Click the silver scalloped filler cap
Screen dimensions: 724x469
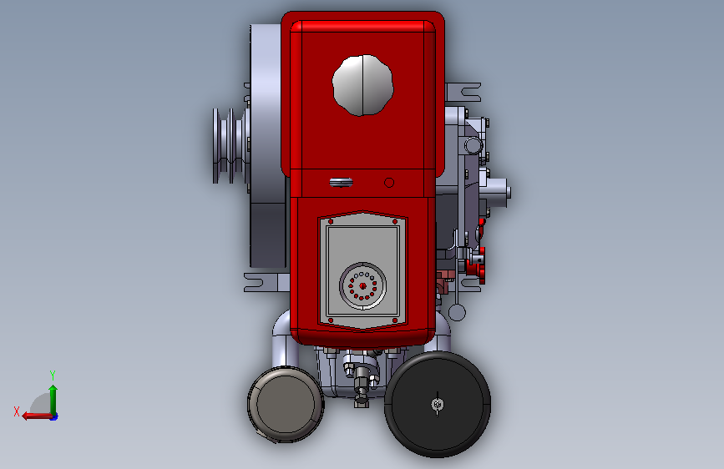click(362, 85)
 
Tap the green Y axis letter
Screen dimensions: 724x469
click(53, 375)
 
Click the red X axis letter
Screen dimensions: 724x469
click(17, 411)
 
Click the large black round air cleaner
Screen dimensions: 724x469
click(438, 405)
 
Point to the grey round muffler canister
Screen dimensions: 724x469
click(286, 405)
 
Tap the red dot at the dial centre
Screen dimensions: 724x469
click(362, 286)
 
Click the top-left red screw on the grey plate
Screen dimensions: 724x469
click(331, 222)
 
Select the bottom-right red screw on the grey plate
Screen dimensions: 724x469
click(395, 320)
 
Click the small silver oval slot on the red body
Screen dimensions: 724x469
click(342, 183)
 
